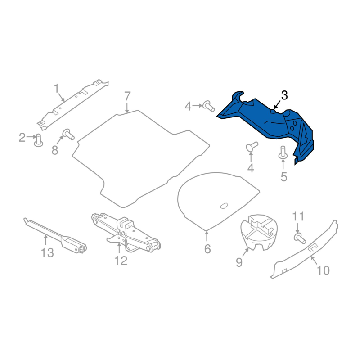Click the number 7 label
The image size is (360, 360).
click(127, 96)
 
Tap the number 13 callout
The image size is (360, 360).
click(47, 253)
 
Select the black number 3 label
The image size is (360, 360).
click(284, 95)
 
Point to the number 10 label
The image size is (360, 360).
click(323, 270)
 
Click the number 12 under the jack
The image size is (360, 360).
click(121, 261)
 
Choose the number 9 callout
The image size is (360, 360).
click(239, 262)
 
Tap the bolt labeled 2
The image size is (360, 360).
click(39, 140)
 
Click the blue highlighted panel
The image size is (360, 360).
click(270, 124)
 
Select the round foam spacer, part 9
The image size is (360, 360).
click(258, 230)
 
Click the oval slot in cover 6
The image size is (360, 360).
click(224, 206)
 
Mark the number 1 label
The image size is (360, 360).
click(57, 88)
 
